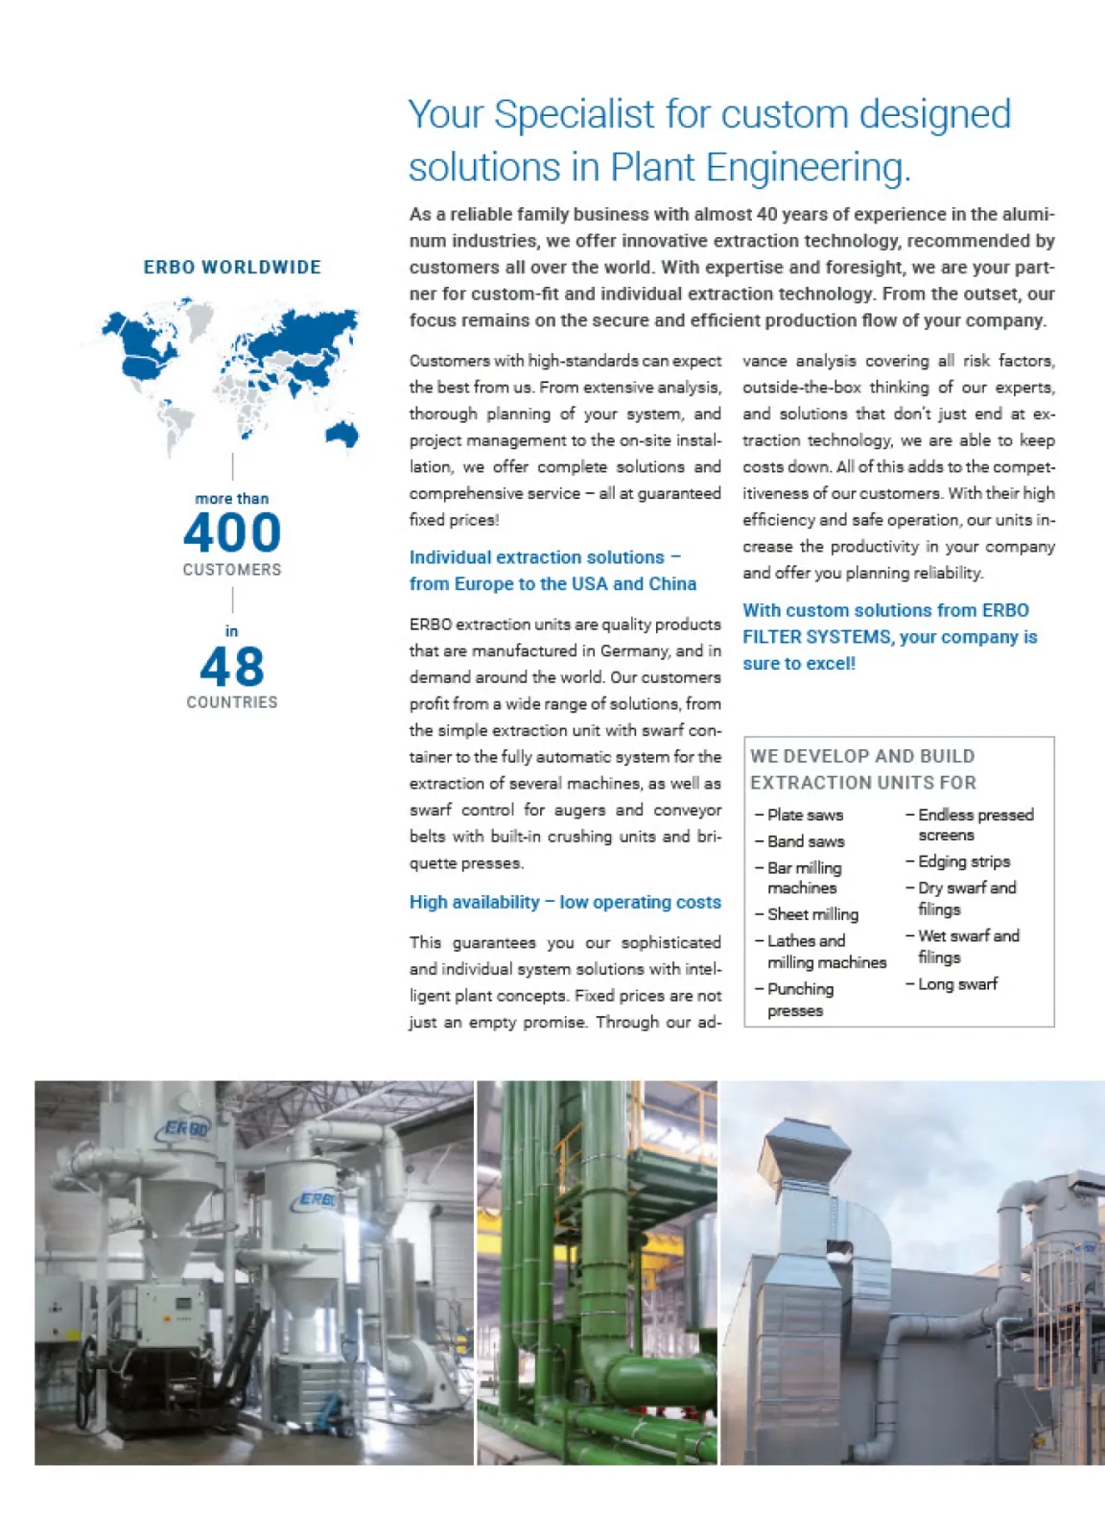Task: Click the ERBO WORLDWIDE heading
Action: [x=232, y=268]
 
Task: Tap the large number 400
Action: [x=232, y=532]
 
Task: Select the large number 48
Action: [x=232, y=667]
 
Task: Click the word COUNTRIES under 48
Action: [x=232, y=702]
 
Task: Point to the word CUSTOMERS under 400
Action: [x=232, y=570]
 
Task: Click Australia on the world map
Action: [x=342, y=434]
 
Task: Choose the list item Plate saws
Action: [x=805, y=815]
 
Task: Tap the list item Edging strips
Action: [x=963, y=862]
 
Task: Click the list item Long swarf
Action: [x=957, y=983]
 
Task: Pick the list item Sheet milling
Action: [x=812, y=914]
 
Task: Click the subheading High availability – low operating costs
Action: [x=565, y=902]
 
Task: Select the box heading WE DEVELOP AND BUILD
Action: [x=862, y=756]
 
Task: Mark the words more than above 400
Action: [x=232, y=499]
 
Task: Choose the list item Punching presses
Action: [x=800, y=1000]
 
